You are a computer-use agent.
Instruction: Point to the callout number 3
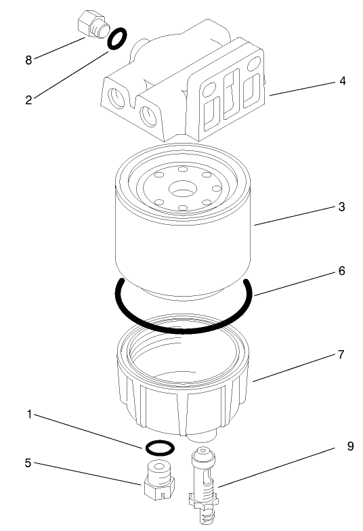342,207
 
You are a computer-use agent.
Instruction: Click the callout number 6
342,270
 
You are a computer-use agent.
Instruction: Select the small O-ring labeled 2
116,39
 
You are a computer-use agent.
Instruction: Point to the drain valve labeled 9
203,484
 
